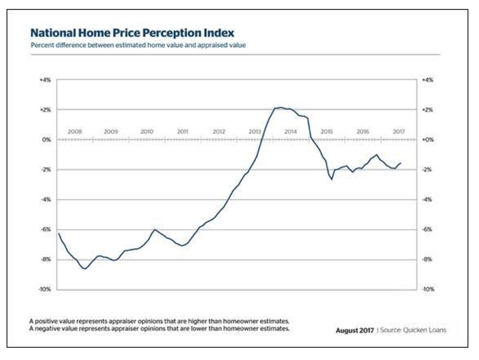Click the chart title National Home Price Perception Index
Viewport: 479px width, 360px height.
(x=133, y=33)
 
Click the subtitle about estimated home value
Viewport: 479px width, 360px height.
(x=138, y=45)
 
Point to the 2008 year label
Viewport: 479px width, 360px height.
(x=75, y=132)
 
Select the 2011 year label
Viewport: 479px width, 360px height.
(x=182, y=132)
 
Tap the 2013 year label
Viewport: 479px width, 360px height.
(x=255, y=132)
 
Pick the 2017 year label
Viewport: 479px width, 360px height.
(x=399, y=132)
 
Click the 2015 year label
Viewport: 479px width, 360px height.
(x=326, y=132)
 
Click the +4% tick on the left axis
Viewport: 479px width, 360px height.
(x=45, y=80)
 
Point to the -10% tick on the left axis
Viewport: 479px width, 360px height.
(x=44, y=289)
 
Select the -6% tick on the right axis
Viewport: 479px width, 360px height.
(x=427, y=229)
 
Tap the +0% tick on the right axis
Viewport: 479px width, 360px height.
(x=427, y=140)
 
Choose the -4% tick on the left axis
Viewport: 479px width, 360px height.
(x=45, y=200)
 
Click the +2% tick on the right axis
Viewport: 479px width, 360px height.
(x=427, y=110)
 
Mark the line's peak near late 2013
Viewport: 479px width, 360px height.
(x=281, y=108)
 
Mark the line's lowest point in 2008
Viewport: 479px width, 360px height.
(x=84, y=269)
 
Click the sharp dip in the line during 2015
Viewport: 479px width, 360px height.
(x=332, y=179)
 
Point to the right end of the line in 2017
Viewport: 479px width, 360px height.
(x=401, y=163)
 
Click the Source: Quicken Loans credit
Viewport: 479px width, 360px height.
(x=413, y=330)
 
